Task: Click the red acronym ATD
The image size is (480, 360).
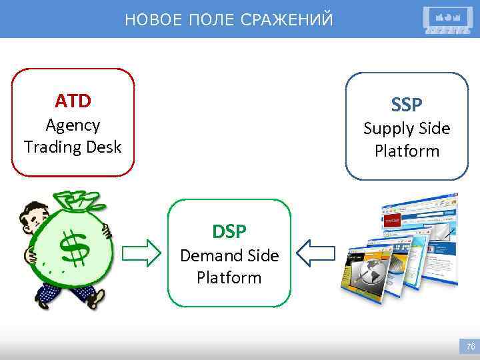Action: (x=73, y=101)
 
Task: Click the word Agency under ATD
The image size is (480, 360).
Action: (x=73, y=125)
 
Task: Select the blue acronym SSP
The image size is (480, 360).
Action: (x=407, y=105)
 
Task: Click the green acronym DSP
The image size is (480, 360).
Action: (x=229, y=231)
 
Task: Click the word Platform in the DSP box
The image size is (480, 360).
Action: (x=229, y=277)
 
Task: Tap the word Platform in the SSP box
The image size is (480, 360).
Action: (x=407, y=151)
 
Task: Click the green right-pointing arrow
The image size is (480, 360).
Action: (x=144, y=252)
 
